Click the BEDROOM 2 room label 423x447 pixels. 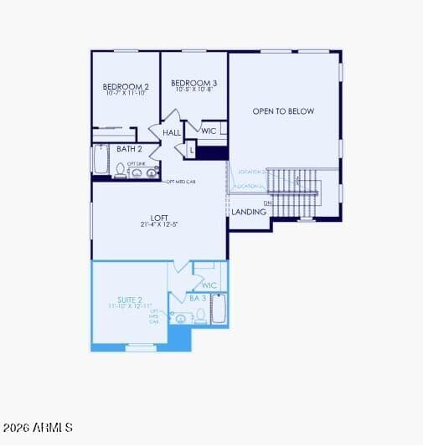point(126,87)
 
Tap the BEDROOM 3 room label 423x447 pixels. point(193,83)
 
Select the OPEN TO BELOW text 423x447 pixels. point(283,111)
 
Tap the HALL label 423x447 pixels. point(172,132)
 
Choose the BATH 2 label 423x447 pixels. point(129,149)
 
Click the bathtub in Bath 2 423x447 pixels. point(101,159)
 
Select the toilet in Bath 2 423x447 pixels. point(121,171)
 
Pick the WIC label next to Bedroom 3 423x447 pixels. point(209,131)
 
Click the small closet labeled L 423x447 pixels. point(191,151)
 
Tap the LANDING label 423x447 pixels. point(249,212)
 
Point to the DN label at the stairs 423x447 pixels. point(268,203)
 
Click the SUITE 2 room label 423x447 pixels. point(128,300)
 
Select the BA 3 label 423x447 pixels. point(198,298)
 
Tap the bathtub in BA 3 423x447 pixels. point(218,309)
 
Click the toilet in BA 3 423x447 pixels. point(200,316)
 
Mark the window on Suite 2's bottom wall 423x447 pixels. point(141,346)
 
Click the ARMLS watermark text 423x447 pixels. point(38,428)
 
